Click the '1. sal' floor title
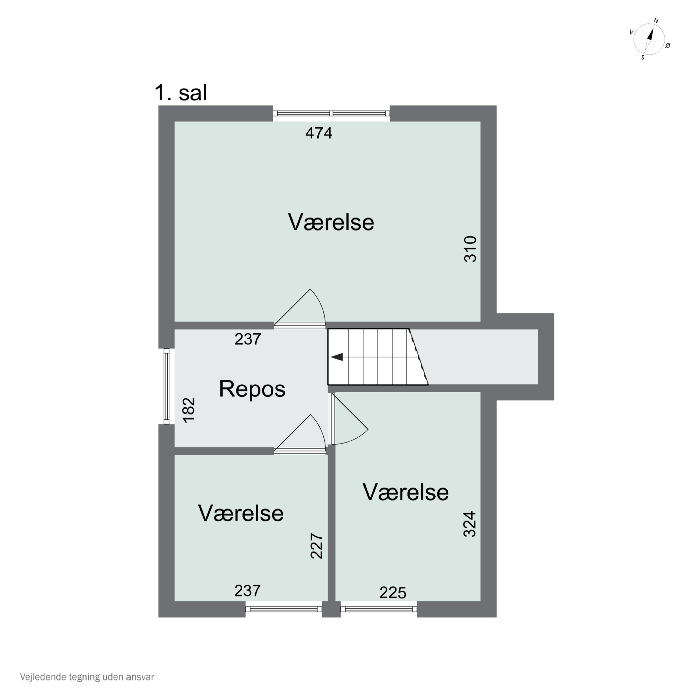(x=181, y=93)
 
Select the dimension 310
(x=470, y=249)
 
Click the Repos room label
(x=252, y=389)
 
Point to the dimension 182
(x=189, y=410)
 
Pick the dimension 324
(x=470, y=524)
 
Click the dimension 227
(x=316, y=546)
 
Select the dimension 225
(x=393, y=593)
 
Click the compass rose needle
(x=649, y=40)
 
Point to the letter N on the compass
(x=656, y=21)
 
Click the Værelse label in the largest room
(x=331, y=222)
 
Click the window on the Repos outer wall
(x=167, y=386)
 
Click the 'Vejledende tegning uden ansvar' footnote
(x=87, y=677)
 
